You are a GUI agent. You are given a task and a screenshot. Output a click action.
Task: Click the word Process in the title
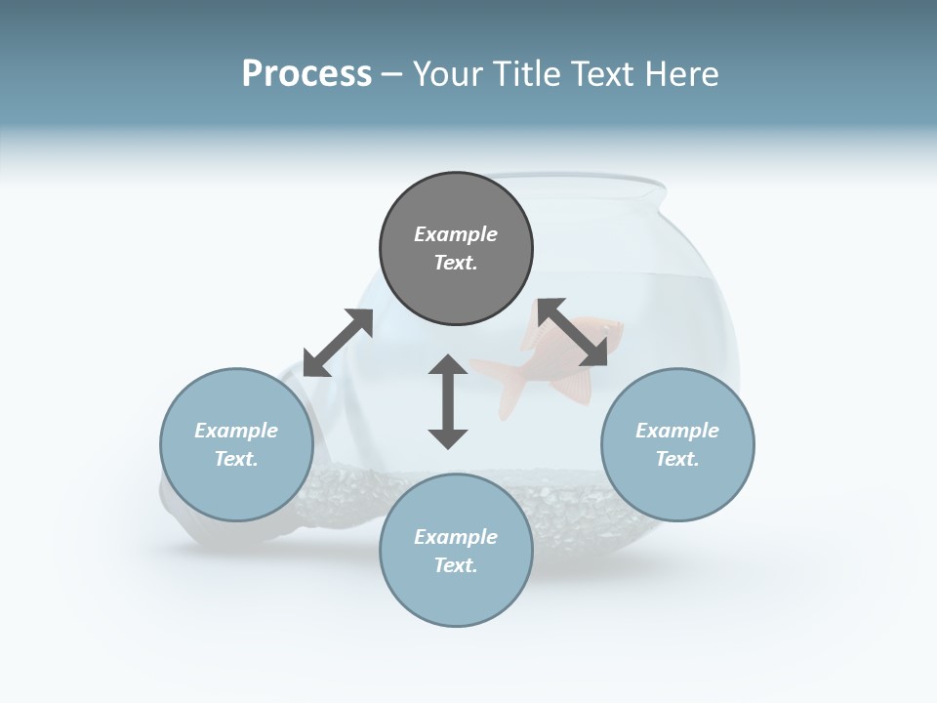tap(306, 74)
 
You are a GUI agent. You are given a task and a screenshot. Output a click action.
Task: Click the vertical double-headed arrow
tap(448, 401)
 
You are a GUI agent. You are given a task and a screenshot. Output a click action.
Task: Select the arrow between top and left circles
tap(338, 343)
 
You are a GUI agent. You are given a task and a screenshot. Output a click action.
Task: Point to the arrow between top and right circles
tap(573, 333)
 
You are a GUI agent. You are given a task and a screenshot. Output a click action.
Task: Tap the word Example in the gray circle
tap(456, 234)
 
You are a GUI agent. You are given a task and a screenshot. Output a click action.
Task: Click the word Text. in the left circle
tap(236, 459)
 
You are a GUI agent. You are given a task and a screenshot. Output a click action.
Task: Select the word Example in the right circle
tap(677, 431)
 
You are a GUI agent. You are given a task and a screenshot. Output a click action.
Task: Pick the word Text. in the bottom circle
tap(456, 565)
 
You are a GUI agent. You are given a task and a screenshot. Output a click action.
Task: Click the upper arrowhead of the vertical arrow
tap(448, 365)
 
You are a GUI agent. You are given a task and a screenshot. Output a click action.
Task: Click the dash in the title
tap(392, 74)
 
